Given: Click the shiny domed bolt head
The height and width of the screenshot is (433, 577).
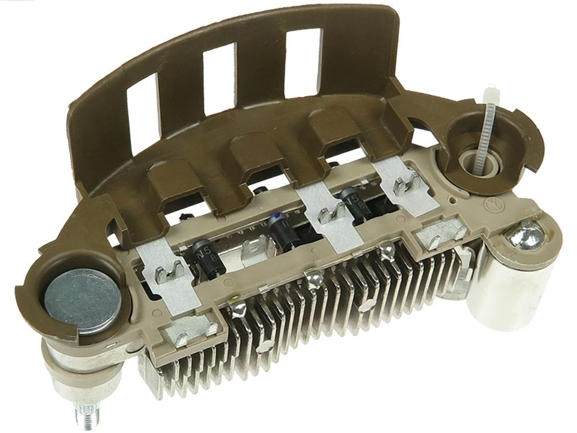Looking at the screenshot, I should [526, 235].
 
